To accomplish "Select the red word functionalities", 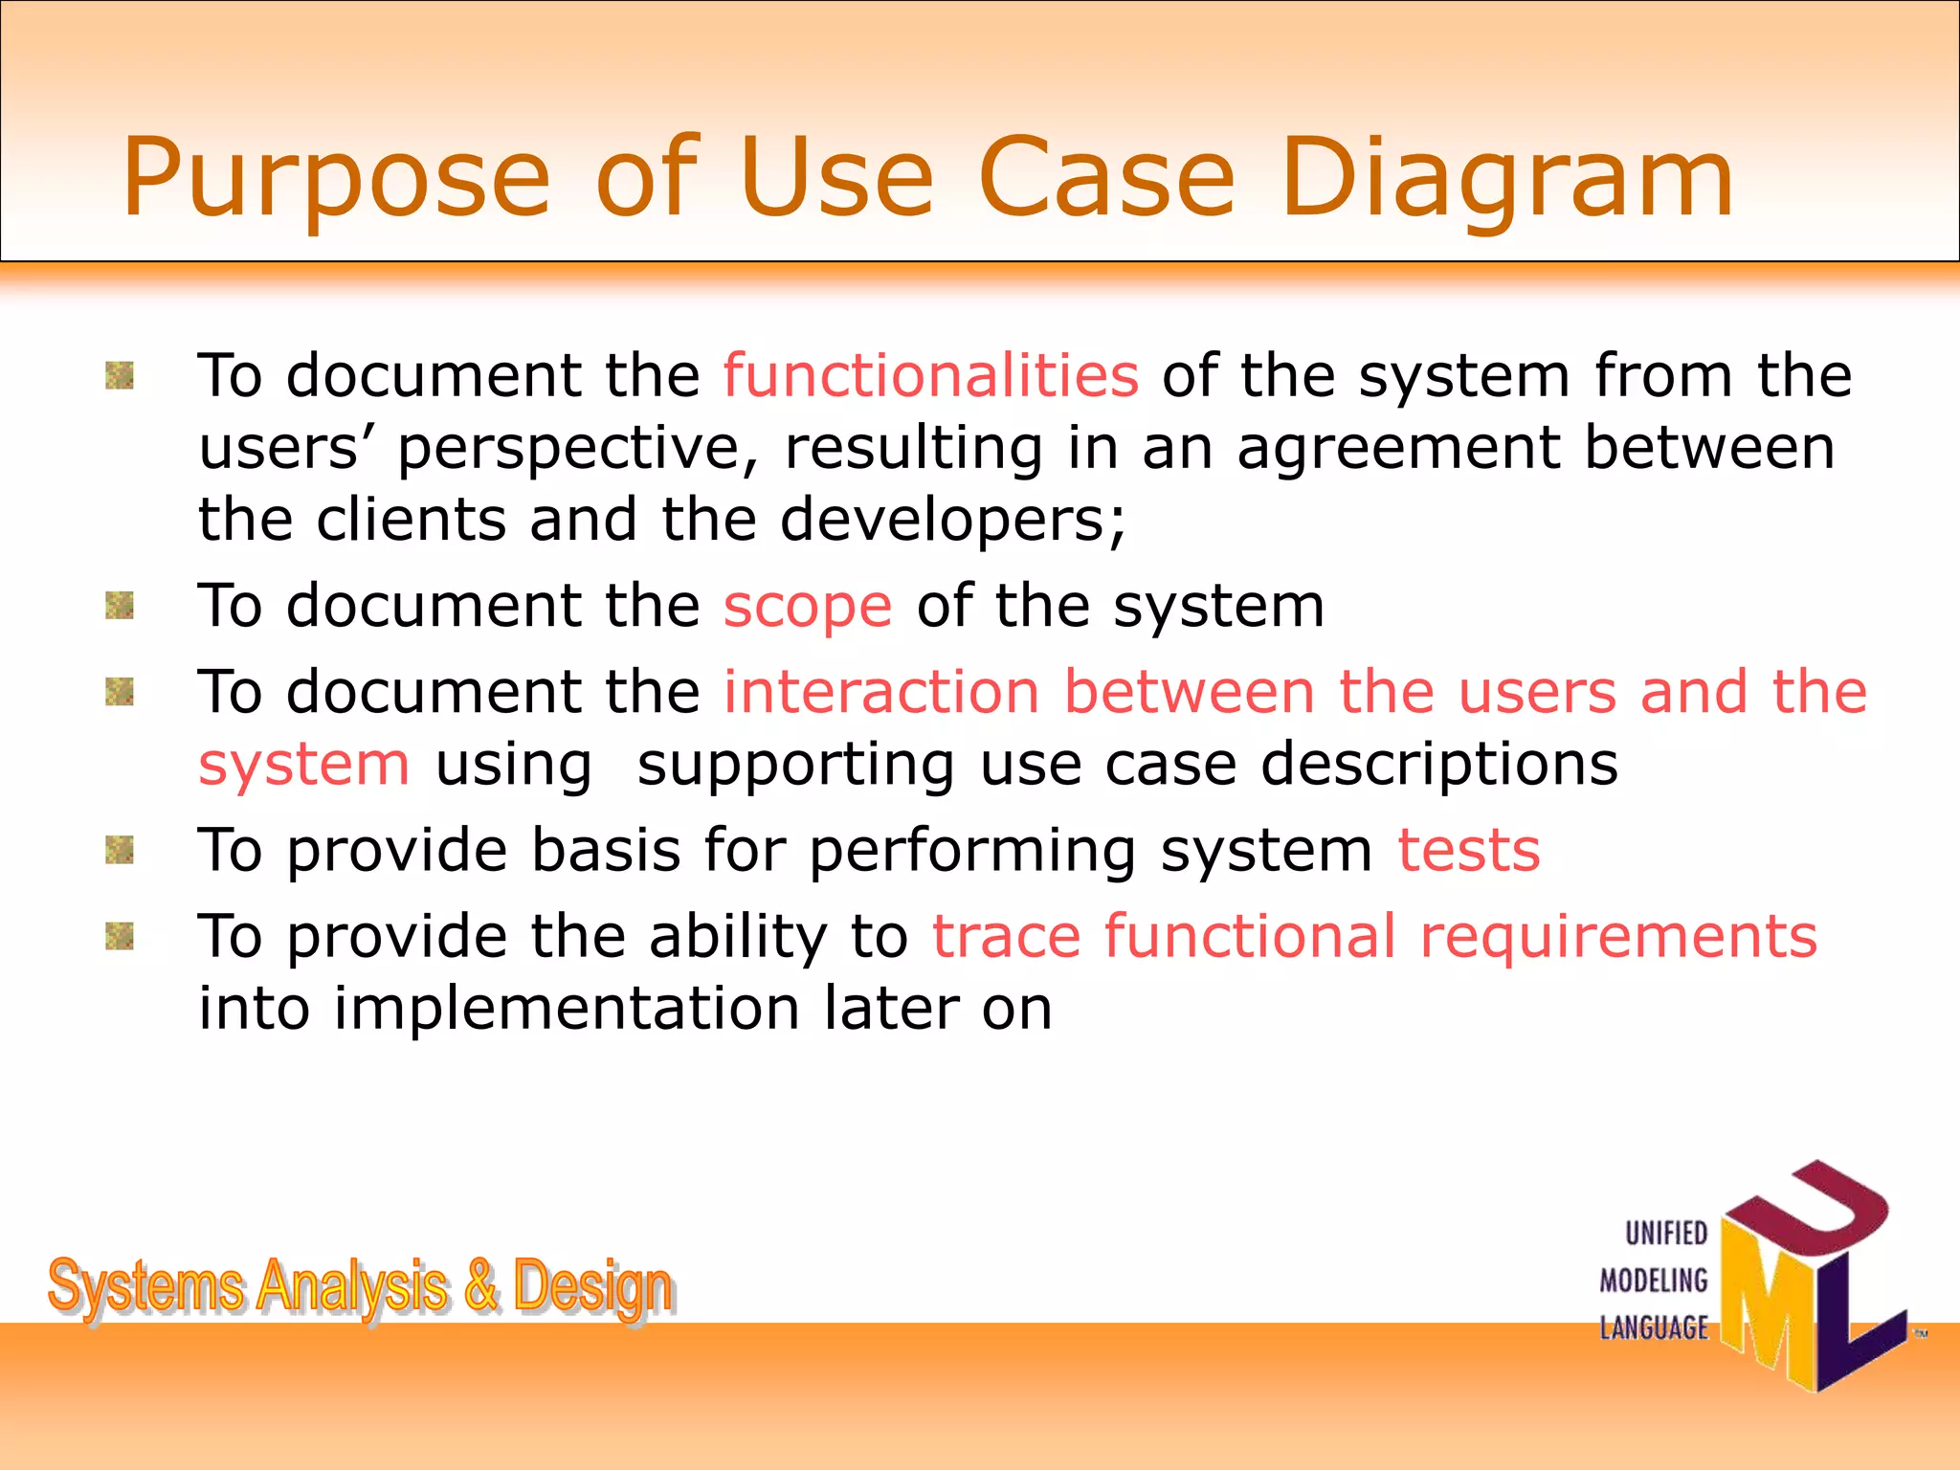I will tap(930, 374).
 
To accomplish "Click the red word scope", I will tap(807, 607).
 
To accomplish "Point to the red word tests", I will tap(1468, 850).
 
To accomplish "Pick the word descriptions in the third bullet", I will tap(1438, 764).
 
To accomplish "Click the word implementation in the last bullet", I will tap(566, 1009).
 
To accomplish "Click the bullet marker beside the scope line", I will tap(120, 606).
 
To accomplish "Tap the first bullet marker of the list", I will tap(120, 375).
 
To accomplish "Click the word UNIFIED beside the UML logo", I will tap(1666, 1234).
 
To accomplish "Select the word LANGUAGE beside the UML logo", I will tap(1654, 1327).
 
